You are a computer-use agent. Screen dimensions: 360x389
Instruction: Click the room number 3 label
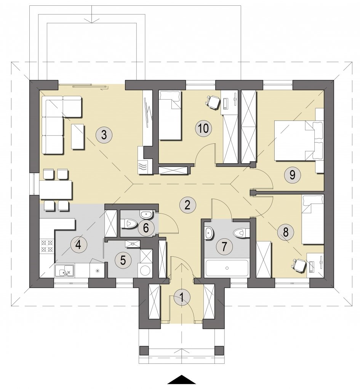(104, 135)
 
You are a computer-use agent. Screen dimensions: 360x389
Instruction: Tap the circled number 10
(203, 129)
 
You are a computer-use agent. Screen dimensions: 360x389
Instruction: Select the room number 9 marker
(292, 175)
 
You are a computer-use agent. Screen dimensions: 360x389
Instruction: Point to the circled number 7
(224, 247)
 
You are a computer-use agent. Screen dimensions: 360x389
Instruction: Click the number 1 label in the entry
(182, 297)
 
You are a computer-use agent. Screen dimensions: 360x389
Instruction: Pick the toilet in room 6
(129, 224)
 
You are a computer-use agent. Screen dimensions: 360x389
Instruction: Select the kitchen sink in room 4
(64, 270)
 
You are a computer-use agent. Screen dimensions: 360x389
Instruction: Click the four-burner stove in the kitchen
(47, 245)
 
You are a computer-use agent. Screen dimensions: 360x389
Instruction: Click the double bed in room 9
(299, 141)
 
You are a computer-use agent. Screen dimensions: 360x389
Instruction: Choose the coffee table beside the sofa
(78, 137)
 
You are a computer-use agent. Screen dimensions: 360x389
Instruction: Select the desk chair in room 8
(299, 265)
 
